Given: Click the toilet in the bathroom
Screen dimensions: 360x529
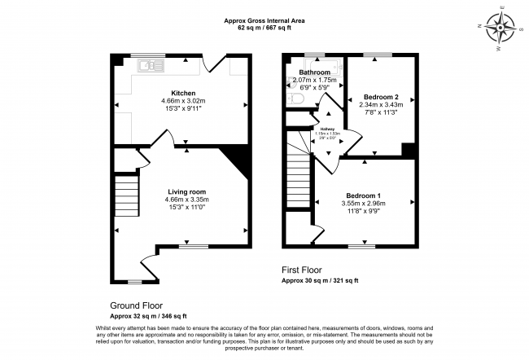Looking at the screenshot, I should coord(296,99).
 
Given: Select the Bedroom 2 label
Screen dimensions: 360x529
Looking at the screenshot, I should coord(381,96).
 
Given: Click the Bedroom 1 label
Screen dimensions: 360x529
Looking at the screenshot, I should coord(363,195).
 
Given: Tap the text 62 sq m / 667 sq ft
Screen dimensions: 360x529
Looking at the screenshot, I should coord(264,29).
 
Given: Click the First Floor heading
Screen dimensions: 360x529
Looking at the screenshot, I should coord(302,270).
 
